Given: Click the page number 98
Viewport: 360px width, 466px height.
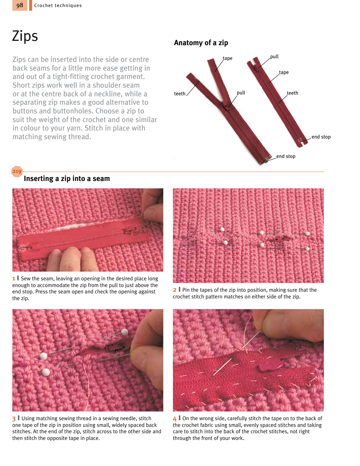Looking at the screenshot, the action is click(x=20, y=5).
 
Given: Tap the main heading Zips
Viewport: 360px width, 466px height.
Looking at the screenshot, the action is click(x=25, y=36).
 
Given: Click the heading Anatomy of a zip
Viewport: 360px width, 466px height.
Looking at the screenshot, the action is click(x=201, y=43).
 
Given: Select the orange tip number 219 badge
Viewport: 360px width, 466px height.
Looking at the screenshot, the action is click(x=17, y=171).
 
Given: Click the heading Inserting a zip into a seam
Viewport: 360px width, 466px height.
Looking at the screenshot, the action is click(x=67, y=178).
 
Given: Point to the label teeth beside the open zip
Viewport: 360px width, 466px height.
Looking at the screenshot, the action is click(x=180, y=94).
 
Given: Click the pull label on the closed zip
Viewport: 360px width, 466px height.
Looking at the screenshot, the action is click(x=274, y=57).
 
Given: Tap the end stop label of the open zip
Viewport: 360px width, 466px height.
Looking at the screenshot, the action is click(x=286, y=156).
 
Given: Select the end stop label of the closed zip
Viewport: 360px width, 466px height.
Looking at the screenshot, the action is click(x=321, y=137).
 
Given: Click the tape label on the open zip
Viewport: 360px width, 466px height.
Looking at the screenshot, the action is click(x=228, y=58).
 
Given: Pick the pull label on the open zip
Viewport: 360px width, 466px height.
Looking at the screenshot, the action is click(x=241, y=93).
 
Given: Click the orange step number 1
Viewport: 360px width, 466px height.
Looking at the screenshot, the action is click(x=13, y=279).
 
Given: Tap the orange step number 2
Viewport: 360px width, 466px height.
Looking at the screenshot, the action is click(x=175, y=290).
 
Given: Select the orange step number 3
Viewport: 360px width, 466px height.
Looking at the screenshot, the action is click(x=14, y=418).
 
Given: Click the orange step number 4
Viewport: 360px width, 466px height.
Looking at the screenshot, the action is click(x=175, y=418).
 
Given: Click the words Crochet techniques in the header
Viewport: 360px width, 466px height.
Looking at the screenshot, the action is click(x=58, y=6).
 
